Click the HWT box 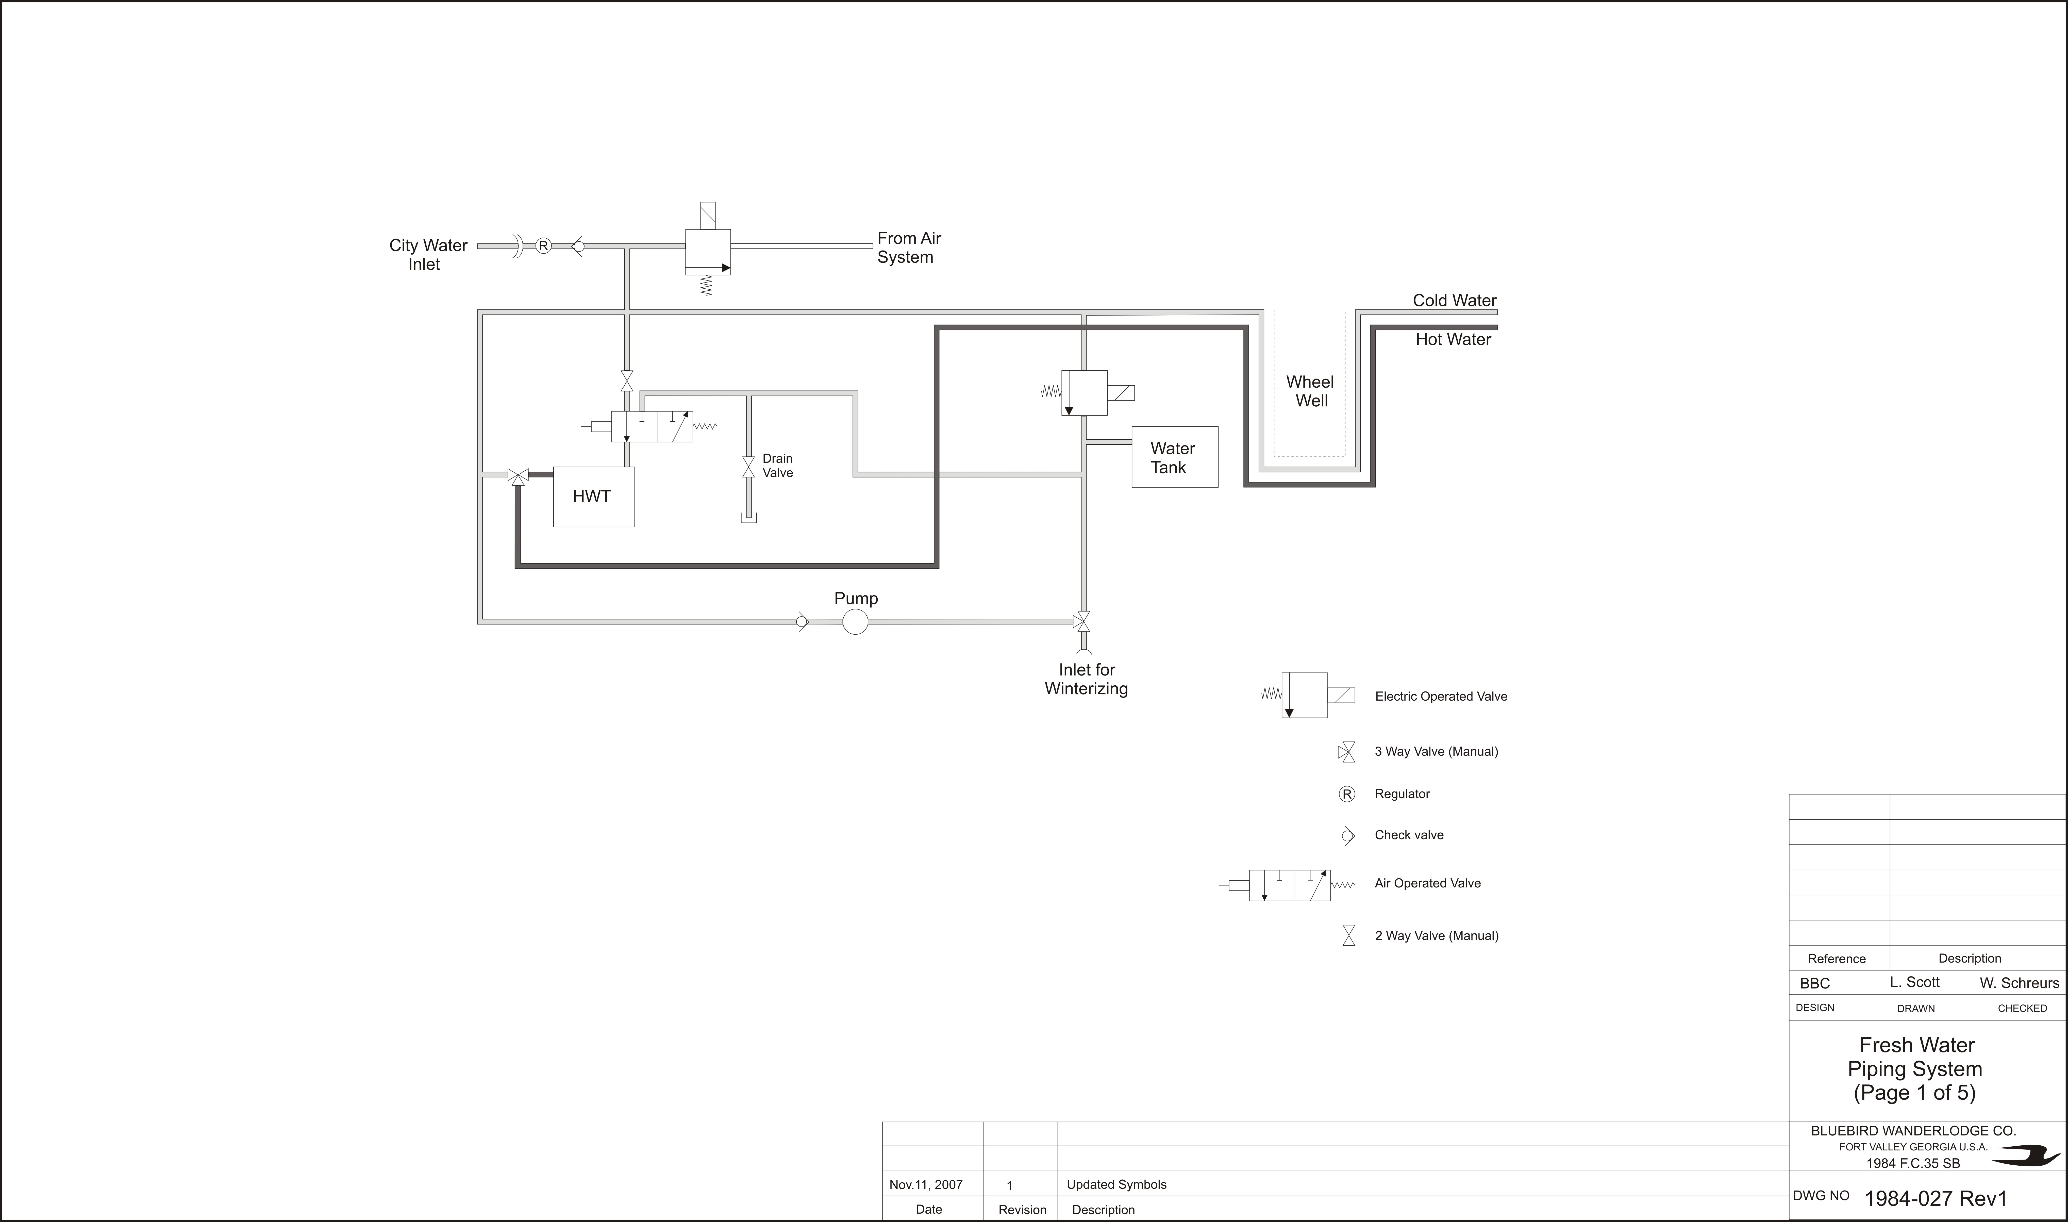coord(594,497)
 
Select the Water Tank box coord(1175,457)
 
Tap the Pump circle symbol coord(855,622)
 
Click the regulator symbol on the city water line coord(543,245)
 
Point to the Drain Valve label coord(777,465)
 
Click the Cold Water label coord(1455,301)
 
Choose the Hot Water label coord(1453,339)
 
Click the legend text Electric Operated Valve coord(1441,697)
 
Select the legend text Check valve coord(1409,835)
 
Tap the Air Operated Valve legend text coord(1427,884)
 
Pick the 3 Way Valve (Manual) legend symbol coord(1347,752)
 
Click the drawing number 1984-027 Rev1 coord(1936,1198)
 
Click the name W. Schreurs coord(2020,983)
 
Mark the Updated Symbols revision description coord(1116,1185)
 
